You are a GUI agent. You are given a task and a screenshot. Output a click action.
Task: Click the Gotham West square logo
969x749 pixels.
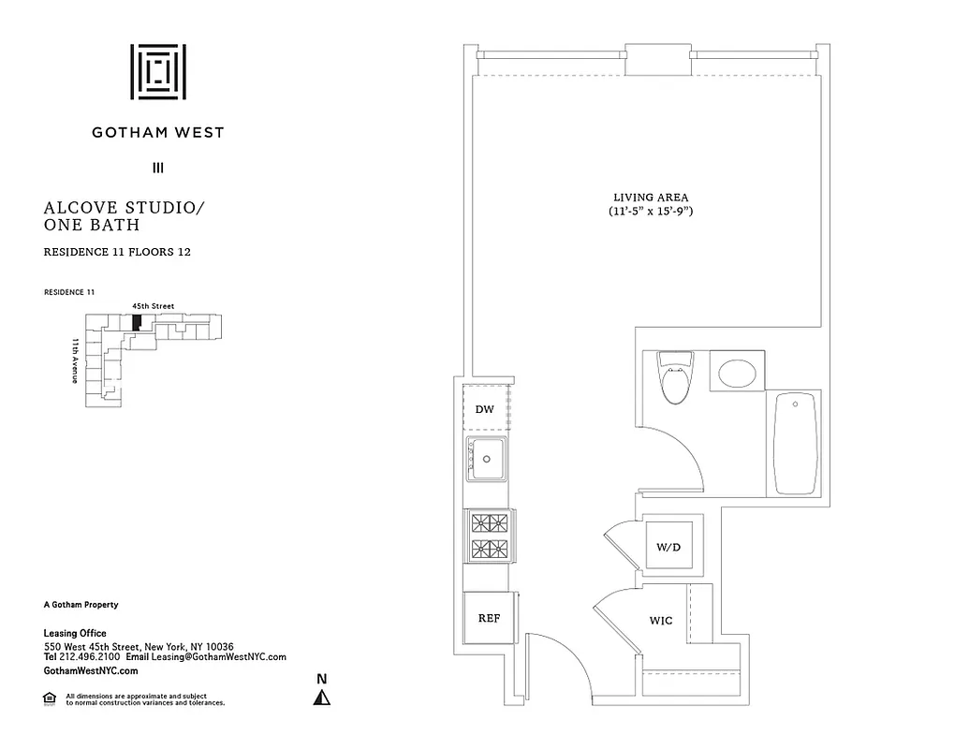pos(158,71)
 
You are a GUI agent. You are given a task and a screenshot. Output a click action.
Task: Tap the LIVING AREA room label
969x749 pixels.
pos(651,198)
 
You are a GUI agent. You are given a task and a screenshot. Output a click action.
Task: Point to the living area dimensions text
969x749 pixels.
pos(651,213)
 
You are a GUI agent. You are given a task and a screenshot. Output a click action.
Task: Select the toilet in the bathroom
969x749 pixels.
pos(675,376)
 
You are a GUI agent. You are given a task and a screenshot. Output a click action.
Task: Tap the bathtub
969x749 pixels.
pos(796,443)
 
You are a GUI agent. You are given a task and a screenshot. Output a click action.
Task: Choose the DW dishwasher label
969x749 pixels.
pos(484,409)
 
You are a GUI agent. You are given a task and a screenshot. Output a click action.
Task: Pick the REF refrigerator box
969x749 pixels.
pos(489,618)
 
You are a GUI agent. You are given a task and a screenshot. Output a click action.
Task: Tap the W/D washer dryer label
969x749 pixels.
pos(668,546)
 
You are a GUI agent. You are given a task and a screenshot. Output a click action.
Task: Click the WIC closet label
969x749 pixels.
pos(661,620)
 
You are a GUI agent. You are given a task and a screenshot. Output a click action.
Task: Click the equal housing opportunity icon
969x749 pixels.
pos(50,698)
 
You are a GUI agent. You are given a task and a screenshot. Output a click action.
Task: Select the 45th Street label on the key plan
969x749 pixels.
pos(153,306)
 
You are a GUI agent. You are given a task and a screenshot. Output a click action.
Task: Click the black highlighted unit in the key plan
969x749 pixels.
pos(137,321)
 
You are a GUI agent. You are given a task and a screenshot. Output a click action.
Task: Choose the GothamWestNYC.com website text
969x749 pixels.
pos(91,671)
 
